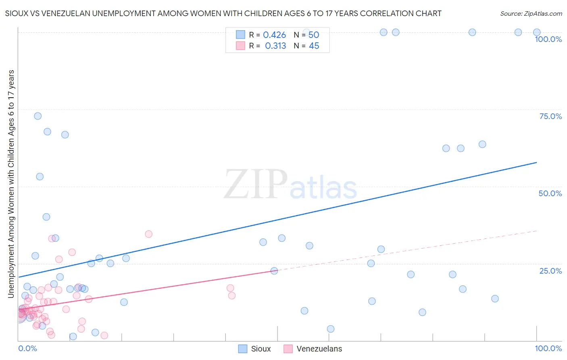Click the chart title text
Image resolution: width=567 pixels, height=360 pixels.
[x=223, y=13]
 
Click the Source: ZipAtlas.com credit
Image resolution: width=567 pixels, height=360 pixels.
[x=531, y=13]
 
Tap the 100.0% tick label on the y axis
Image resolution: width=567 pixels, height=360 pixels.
[x=548, y=39]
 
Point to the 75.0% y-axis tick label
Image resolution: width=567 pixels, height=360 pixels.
[x=550, y=116]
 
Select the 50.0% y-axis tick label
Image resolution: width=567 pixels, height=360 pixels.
[x=550, y=193]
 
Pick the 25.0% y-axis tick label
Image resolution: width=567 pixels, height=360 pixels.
[x=550, y=271]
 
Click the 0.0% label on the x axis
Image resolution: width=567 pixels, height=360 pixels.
[x=27, y=348]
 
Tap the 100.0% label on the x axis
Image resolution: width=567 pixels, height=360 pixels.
[x=548, y=348]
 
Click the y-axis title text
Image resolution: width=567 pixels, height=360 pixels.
[x=11, y=184]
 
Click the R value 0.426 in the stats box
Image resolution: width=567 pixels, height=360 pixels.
[x=274, y=35]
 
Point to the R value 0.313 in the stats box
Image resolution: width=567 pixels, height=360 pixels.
[x=275, y=46]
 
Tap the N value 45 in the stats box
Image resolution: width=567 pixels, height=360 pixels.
[x=314, y=46]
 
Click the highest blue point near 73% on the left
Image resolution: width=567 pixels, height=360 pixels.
[x=38, y=116]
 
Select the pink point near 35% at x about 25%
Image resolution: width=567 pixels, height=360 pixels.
[x=148, y=234]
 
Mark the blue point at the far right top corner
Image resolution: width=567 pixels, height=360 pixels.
[x=537, y=32]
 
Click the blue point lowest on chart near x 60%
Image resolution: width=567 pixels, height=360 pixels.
[x=331, y=329]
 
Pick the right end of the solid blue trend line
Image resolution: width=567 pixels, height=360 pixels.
[x=537, y=162]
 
